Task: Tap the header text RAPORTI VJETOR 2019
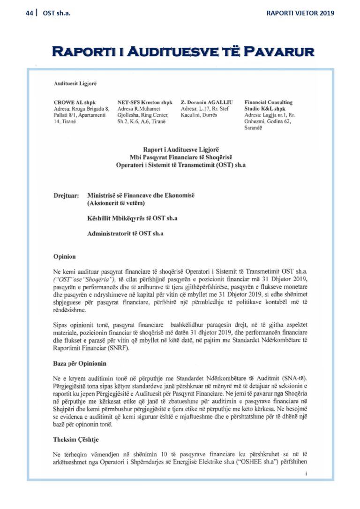pyautogui.click(x=300, y=13)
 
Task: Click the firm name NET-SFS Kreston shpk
pyautogui.click(x=145, y=102)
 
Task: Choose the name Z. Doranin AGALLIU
pyautogui.click(x=208, y=102)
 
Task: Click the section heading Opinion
pyautogui.click(x=65, y=257)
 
